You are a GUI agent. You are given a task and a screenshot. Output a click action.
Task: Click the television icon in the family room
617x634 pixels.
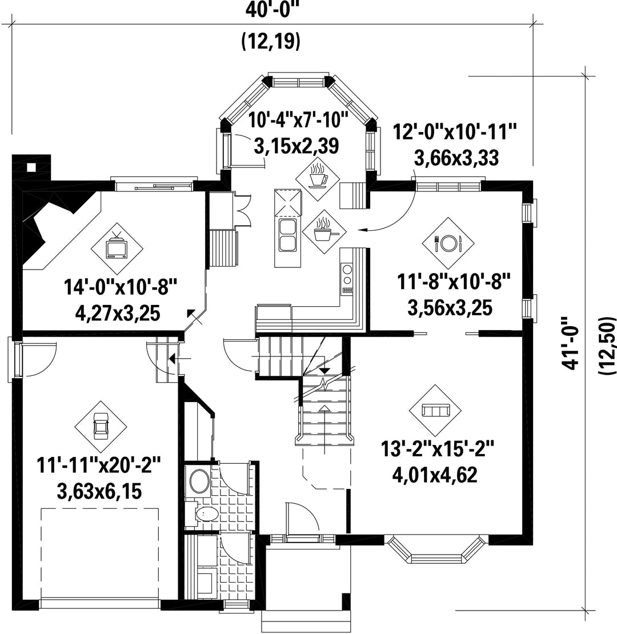pos(117,247)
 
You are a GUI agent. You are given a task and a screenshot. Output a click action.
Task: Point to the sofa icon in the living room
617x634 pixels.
pos(435,411)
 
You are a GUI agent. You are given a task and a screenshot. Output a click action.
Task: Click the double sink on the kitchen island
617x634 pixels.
pos(287,236)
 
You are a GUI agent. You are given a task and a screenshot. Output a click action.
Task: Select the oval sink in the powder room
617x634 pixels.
pos(199,481)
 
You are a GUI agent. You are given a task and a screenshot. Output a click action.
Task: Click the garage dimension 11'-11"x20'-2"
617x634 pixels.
pos(99,465)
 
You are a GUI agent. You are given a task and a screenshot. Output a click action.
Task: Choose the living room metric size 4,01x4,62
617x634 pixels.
pos(435,475)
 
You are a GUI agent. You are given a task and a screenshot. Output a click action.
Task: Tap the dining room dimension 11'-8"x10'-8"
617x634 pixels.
pos(453,282)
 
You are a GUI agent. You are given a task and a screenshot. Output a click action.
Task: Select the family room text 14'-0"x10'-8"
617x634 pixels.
pos(121,287)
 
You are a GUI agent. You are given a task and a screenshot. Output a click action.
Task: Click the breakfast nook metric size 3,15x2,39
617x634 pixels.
pos(296,146)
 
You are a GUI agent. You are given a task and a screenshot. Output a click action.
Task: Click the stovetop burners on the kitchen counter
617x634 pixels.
pos(347,278)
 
